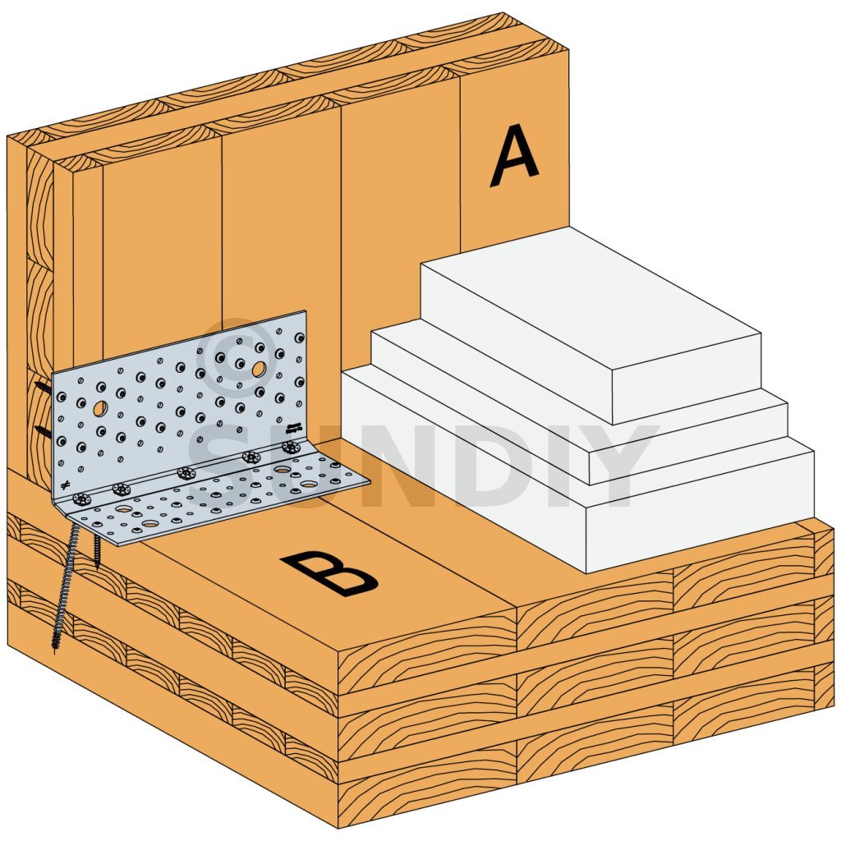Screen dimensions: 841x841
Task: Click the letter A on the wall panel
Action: point(514,156)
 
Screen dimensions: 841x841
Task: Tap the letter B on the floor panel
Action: point(329,573)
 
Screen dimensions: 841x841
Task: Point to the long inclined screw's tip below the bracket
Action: point(55,650)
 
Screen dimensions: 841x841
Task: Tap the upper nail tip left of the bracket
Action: point(36,384)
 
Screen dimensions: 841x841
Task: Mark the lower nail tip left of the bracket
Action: point(36,428)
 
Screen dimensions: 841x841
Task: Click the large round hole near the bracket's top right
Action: point(259,369)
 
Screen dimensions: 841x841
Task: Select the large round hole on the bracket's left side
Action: point(100,409)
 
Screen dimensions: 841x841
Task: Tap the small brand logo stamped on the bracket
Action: point(294,426)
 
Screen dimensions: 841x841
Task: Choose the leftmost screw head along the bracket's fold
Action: point(83,500)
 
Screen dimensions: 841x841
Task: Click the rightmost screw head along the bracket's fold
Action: point(292,447)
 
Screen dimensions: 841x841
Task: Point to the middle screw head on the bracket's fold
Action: point(185,474)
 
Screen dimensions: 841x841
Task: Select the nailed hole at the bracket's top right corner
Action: point(299,338)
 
